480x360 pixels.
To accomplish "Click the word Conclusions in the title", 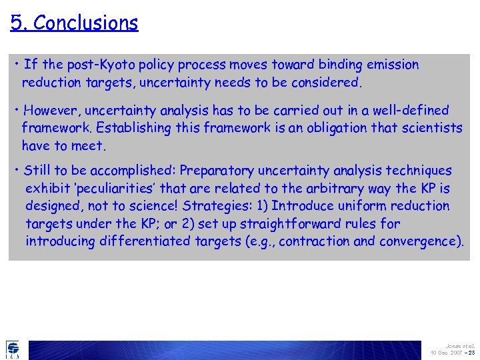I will coord(85,23).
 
